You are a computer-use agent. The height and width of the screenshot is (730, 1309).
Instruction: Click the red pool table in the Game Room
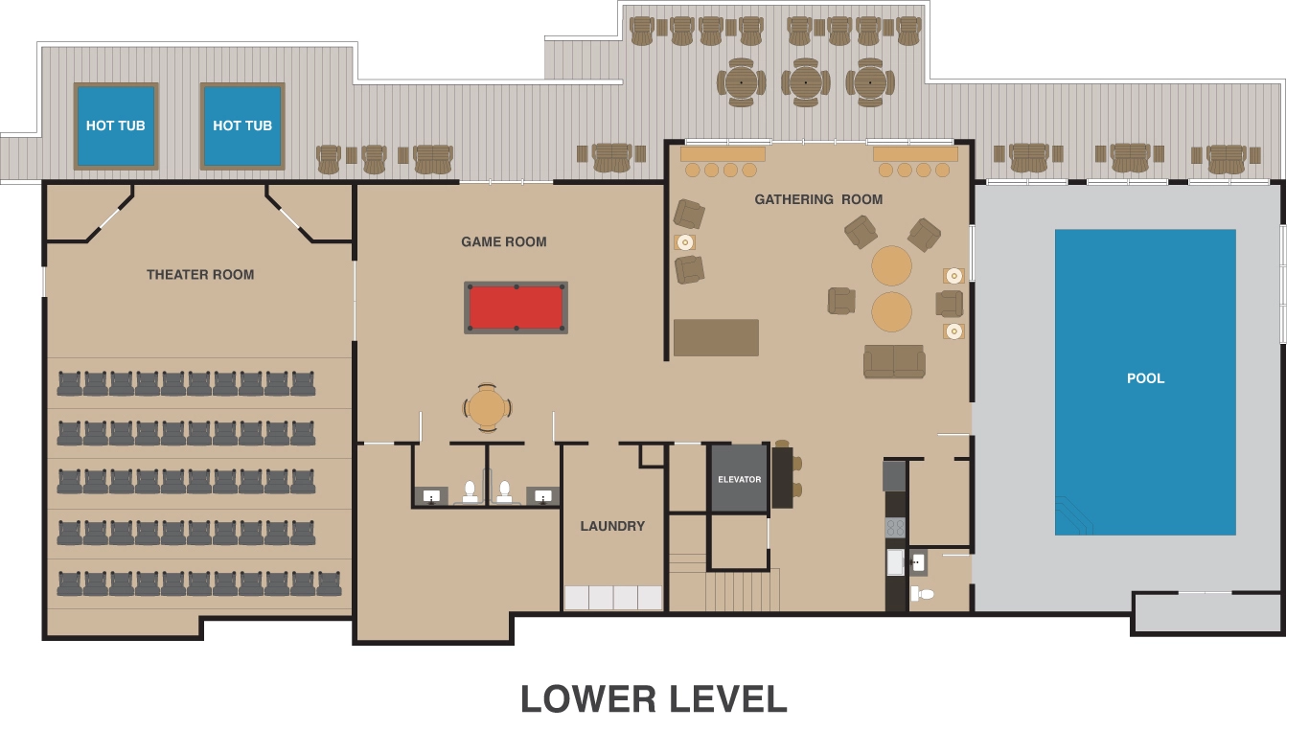(516, 308)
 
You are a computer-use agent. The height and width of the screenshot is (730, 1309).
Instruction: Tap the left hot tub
(116, 125)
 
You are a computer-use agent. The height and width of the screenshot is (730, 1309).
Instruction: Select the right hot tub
(242, 125)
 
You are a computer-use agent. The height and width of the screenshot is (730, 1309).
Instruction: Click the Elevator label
(739, 479)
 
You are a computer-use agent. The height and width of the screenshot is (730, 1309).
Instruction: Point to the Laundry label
(612, 526)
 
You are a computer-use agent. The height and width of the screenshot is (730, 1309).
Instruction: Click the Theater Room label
(200, 275)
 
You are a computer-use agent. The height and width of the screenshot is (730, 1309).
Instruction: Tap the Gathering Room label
(818, 199)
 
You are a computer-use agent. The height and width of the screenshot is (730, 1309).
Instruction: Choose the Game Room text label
(504, 242)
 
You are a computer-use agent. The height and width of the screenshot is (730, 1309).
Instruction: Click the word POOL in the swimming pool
(1145, 378)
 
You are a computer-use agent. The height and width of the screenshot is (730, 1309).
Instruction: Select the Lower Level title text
(654, 699)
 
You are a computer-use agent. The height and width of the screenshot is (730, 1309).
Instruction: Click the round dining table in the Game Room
(487, 408)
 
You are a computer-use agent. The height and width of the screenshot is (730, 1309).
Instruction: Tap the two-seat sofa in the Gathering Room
(894, 361)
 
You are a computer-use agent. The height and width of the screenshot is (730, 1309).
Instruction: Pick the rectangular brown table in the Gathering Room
(716, 337)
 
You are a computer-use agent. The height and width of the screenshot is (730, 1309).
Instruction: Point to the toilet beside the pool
(923, 594)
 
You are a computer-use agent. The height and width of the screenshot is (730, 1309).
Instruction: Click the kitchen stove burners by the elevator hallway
(895, 527)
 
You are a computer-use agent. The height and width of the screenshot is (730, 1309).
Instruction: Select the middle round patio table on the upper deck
(805, 82)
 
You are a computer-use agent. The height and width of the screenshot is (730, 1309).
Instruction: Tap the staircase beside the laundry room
(743, 588)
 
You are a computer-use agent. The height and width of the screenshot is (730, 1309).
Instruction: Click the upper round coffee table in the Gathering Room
(891, 266)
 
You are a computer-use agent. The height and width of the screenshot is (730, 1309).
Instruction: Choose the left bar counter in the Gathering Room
(723, 153)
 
